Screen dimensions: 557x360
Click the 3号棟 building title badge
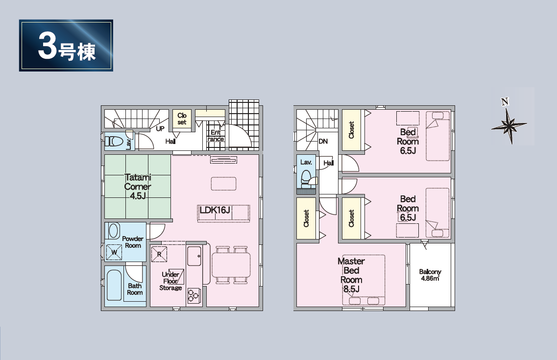click(66, 46)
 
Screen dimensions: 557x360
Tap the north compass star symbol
click(509, 125)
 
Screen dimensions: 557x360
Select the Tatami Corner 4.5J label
click(138, 187)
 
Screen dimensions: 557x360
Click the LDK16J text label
click(215, 210)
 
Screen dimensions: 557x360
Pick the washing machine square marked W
click(114, 252)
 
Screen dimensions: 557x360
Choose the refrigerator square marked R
click(159, 254)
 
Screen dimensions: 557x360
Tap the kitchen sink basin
click(194, 256)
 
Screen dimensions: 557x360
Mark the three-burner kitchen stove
click(194, 296)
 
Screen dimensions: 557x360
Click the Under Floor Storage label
click(170, 281)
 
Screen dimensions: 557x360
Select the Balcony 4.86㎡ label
click(430, 275)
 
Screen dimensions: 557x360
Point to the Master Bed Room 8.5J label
click(351, 275)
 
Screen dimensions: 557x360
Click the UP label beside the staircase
click(160, 128)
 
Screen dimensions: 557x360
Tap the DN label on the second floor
click(323, 141)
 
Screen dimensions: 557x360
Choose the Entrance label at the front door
click(216, 136)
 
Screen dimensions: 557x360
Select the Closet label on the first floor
click(182, 119)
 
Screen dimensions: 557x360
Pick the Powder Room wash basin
click(114, 231)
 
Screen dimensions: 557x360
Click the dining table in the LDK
click(231, 264)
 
